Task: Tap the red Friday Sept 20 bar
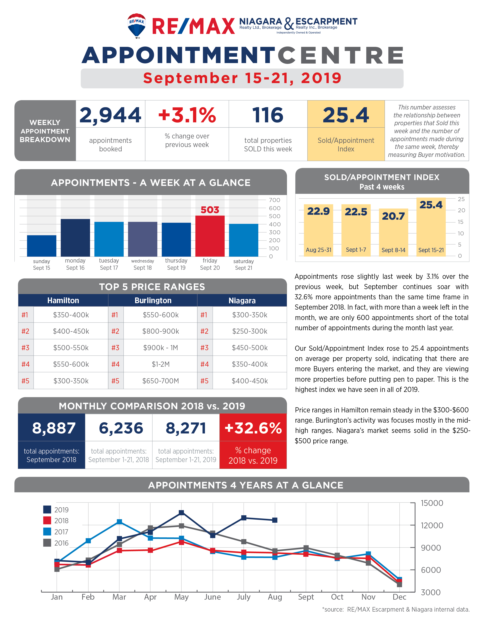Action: click(210, 236)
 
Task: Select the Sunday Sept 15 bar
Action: click(42, 246)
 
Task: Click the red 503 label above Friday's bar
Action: click(210, 210)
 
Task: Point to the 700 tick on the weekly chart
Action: click(274, 200)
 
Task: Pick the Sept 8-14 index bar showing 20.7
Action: click(393, 232)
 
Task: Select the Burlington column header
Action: click(153, 300)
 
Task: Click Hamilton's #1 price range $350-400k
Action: click(71, 315)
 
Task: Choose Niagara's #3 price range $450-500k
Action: click(250, 348)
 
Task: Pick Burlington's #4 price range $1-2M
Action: click(161, 364)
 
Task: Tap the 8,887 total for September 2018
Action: click(54, 428)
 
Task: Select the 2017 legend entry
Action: click(56, 532)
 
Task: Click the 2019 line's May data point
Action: click(181, 513)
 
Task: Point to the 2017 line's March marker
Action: click(119, 522)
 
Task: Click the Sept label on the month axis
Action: click(306, 597)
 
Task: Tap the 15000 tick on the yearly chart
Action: click(432, 503)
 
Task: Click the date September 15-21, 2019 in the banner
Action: click(242, 78)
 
